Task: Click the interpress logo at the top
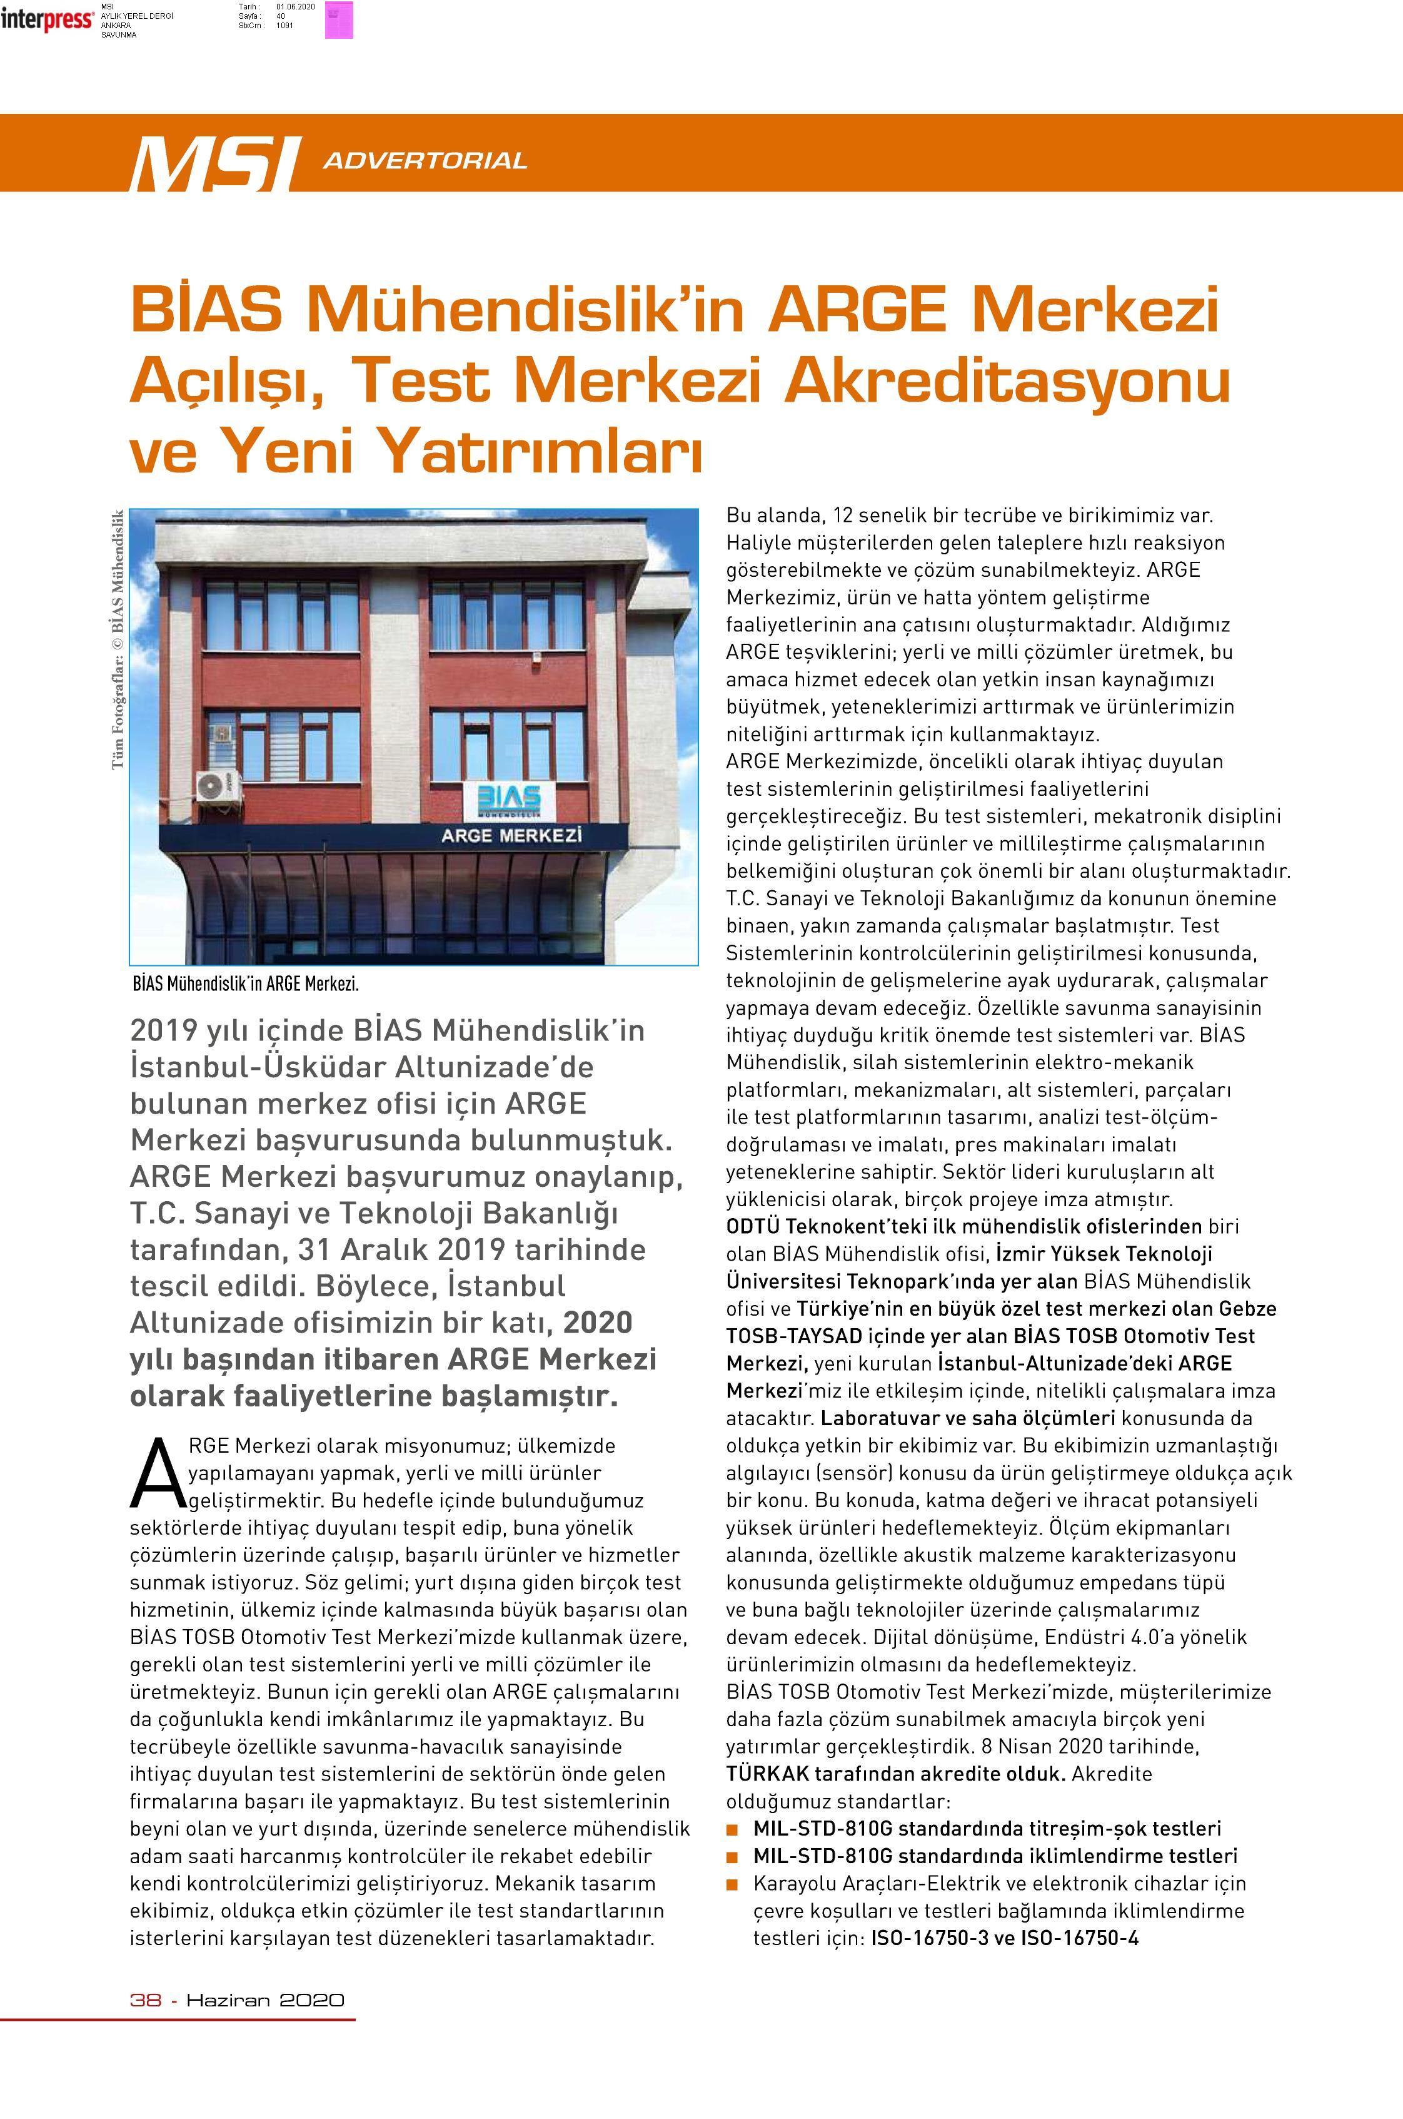(x=46, y=19)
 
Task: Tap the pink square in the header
(x=339, y=19)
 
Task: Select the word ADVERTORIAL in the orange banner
(x=425, y=161)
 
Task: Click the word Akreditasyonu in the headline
(x=1007, y=380)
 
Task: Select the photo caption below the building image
(x=244, y=984)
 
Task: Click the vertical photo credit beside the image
(x=117, y=639)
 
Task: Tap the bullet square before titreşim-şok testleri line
(x=733, y=1829)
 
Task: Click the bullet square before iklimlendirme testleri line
(x=733, y=1857)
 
